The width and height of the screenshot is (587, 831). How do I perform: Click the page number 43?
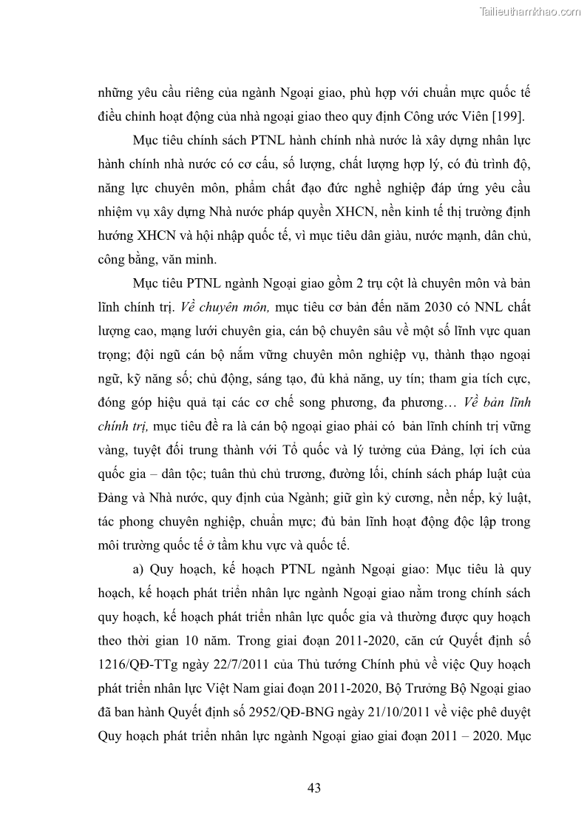click(x=313, y=788)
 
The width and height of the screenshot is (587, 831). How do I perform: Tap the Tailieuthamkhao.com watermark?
click(x=530, y=11)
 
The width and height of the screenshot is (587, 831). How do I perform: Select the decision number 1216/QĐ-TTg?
click(x=145, y=665)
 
